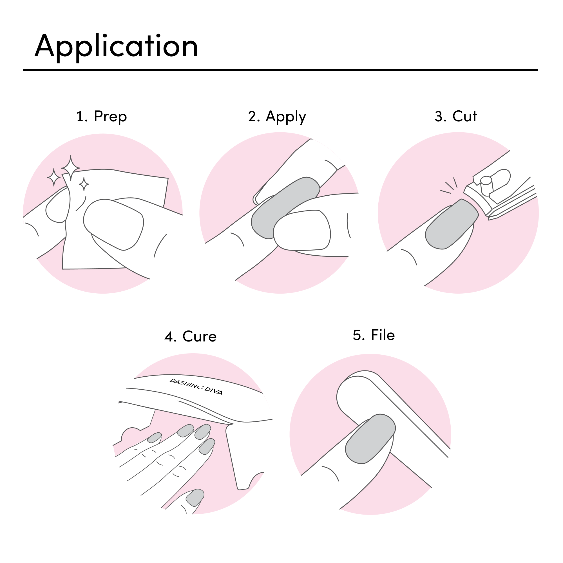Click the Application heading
[x=116, y=47]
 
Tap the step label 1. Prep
[x=101, y=117]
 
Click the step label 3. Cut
[x=455, y=116]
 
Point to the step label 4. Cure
[x=190, y=337]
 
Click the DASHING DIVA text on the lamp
[x=196, y=387]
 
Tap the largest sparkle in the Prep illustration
[x=71, y=168]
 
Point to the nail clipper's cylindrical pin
[x=486, y=186]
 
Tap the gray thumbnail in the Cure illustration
[x=196, y=498]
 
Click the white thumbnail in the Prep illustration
[x=113, y=224]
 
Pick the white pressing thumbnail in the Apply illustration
[x=301, y=231]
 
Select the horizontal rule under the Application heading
[x=280, y=70]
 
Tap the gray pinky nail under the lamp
[x=154, y=437]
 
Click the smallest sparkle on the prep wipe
[x=84, y=184]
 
